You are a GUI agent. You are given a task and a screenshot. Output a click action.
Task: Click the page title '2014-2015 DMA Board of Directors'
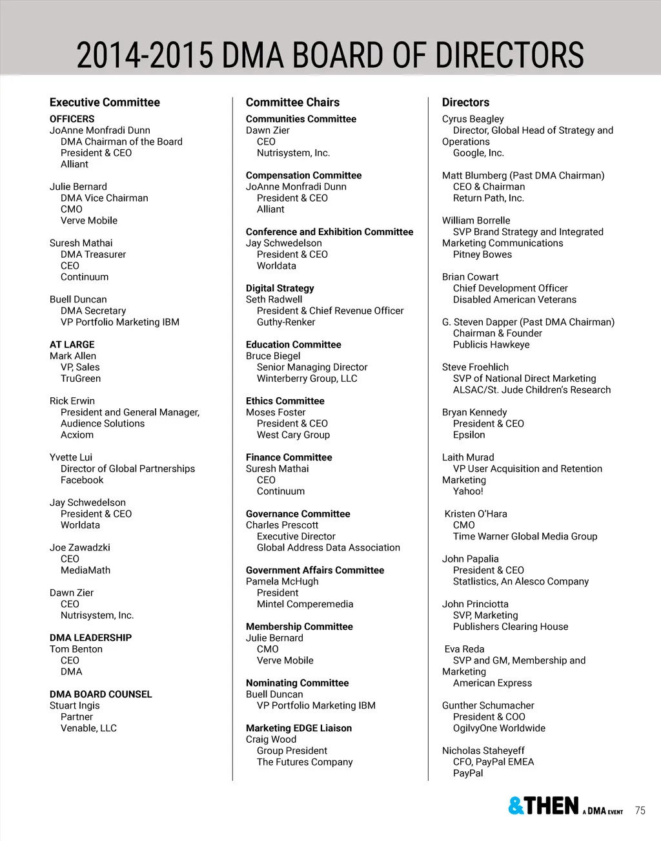330,55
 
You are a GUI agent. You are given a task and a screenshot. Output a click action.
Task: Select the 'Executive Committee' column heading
105,102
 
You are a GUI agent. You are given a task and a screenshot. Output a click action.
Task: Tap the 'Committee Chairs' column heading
292,102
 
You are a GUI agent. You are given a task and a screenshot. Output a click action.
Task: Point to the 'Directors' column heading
465,102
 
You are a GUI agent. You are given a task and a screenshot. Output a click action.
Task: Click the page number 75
640,811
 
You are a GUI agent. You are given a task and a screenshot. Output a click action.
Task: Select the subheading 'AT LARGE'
72,344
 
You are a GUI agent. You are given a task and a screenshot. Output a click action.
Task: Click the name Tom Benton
76,649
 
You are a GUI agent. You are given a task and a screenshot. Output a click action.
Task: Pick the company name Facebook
82,480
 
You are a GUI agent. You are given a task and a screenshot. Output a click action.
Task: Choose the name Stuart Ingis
75,705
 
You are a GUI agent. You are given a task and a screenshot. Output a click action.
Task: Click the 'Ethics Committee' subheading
285,401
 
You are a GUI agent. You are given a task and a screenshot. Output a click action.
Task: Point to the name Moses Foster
276,412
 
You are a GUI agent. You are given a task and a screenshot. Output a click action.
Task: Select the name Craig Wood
271,739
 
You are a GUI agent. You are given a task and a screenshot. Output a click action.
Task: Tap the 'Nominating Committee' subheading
297,683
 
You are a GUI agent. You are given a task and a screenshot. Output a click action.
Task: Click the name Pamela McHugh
282,581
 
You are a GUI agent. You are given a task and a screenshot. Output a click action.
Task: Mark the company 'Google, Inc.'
478,153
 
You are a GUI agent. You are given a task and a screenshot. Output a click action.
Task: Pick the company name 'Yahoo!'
468,491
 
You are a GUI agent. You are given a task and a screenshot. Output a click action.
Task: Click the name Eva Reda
464,649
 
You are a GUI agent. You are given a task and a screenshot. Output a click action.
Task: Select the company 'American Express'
493,683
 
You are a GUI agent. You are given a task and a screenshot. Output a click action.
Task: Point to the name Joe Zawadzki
80,548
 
